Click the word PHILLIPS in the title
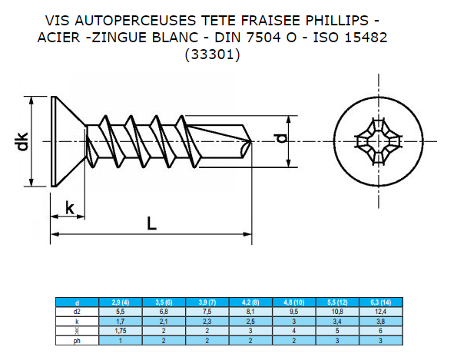click(x=337, y=21)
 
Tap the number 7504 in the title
click(x=264, y=38)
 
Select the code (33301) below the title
click(x=213, y=54)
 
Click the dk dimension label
click(x=22, y=141)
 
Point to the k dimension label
click(x=70, y=208)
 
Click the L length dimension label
click(x=152, y=223)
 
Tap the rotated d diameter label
click(x=281, y=138)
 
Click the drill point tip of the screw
click(x=251, y=141)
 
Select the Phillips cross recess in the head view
click(x=379, y=141)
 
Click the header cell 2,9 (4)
click(x=121, y=302)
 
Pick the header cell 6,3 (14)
click(x=381, y=302)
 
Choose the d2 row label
click(x=77, y=312)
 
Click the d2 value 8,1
click(x=250, y=312)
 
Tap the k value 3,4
click(x=337, y=321)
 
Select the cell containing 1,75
click(x=121, y=331)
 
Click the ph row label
click(x=77, y=341)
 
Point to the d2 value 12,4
click(x=381, y=312)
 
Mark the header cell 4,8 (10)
click(x=294, y=302)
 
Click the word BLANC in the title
click(x=175, y=38)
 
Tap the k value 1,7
click(x=121, y=321)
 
